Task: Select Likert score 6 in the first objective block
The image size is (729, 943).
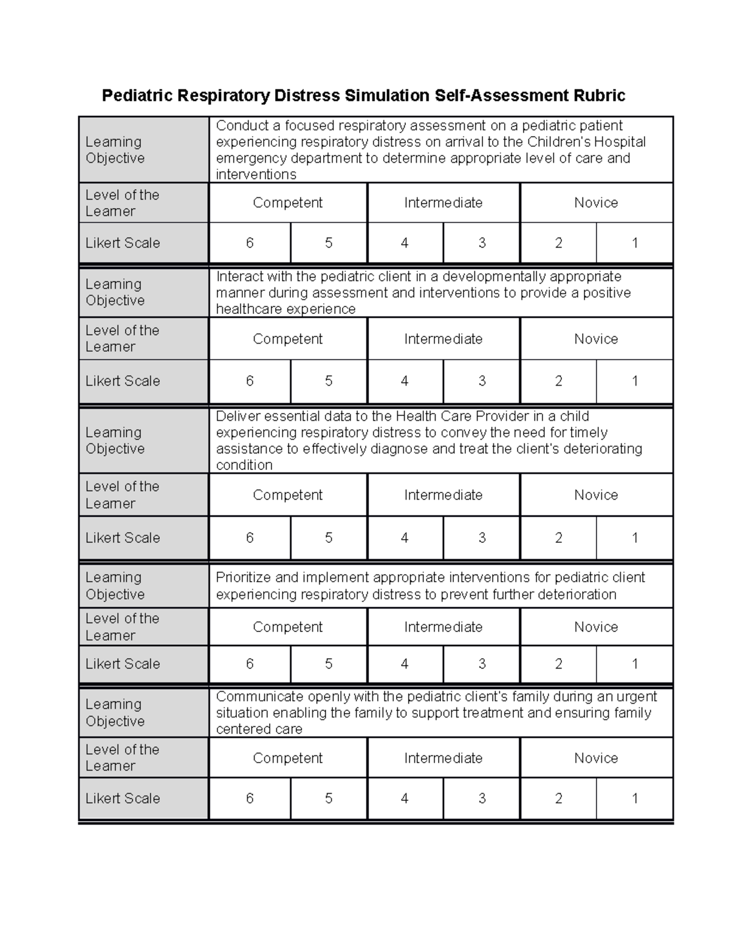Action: pyautogui.click(x=250, y=243)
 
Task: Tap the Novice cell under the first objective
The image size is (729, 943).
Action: pyautogui.click(x=596, y=203)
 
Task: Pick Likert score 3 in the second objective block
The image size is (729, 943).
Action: pyautogui.click(x=482, y=381)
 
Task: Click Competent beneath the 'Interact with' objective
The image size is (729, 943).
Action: pyautogui.click(x=287, y=339)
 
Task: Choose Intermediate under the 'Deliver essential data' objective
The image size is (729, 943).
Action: pyautogui.click(x=443, y=495)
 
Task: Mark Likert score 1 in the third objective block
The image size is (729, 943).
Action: pyautogui.click(x=635, y=537)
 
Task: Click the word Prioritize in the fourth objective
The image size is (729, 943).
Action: pyautogui.click(x=243, y=577)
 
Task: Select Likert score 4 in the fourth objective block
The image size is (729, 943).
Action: pyautogui.click(x=405, y=664)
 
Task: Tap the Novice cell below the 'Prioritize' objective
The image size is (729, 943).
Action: pyautogui.click(x=596, y=627)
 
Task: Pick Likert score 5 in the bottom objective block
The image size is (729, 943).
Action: pyautogui.click(x=329, y=798)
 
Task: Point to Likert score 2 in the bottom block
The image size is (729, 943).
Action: pyautogui.click(x=558, y=798)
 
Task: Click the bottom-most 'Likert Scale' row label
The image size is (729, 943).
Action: pyautogui.click(x=123, y=798)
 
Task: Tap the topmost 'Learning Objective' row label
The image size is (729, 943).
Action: pyautogui.click(x=115, y=150)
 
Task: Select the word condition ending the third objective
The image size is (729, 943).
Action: pyautogui.click(x=244, y=465)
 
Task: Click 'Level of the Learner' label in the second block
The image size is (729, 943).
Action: pyautogui.click(x=122, y=338)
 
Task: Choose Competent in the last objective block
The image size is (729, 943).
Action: pyautogui.click(x=287, y=758)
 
